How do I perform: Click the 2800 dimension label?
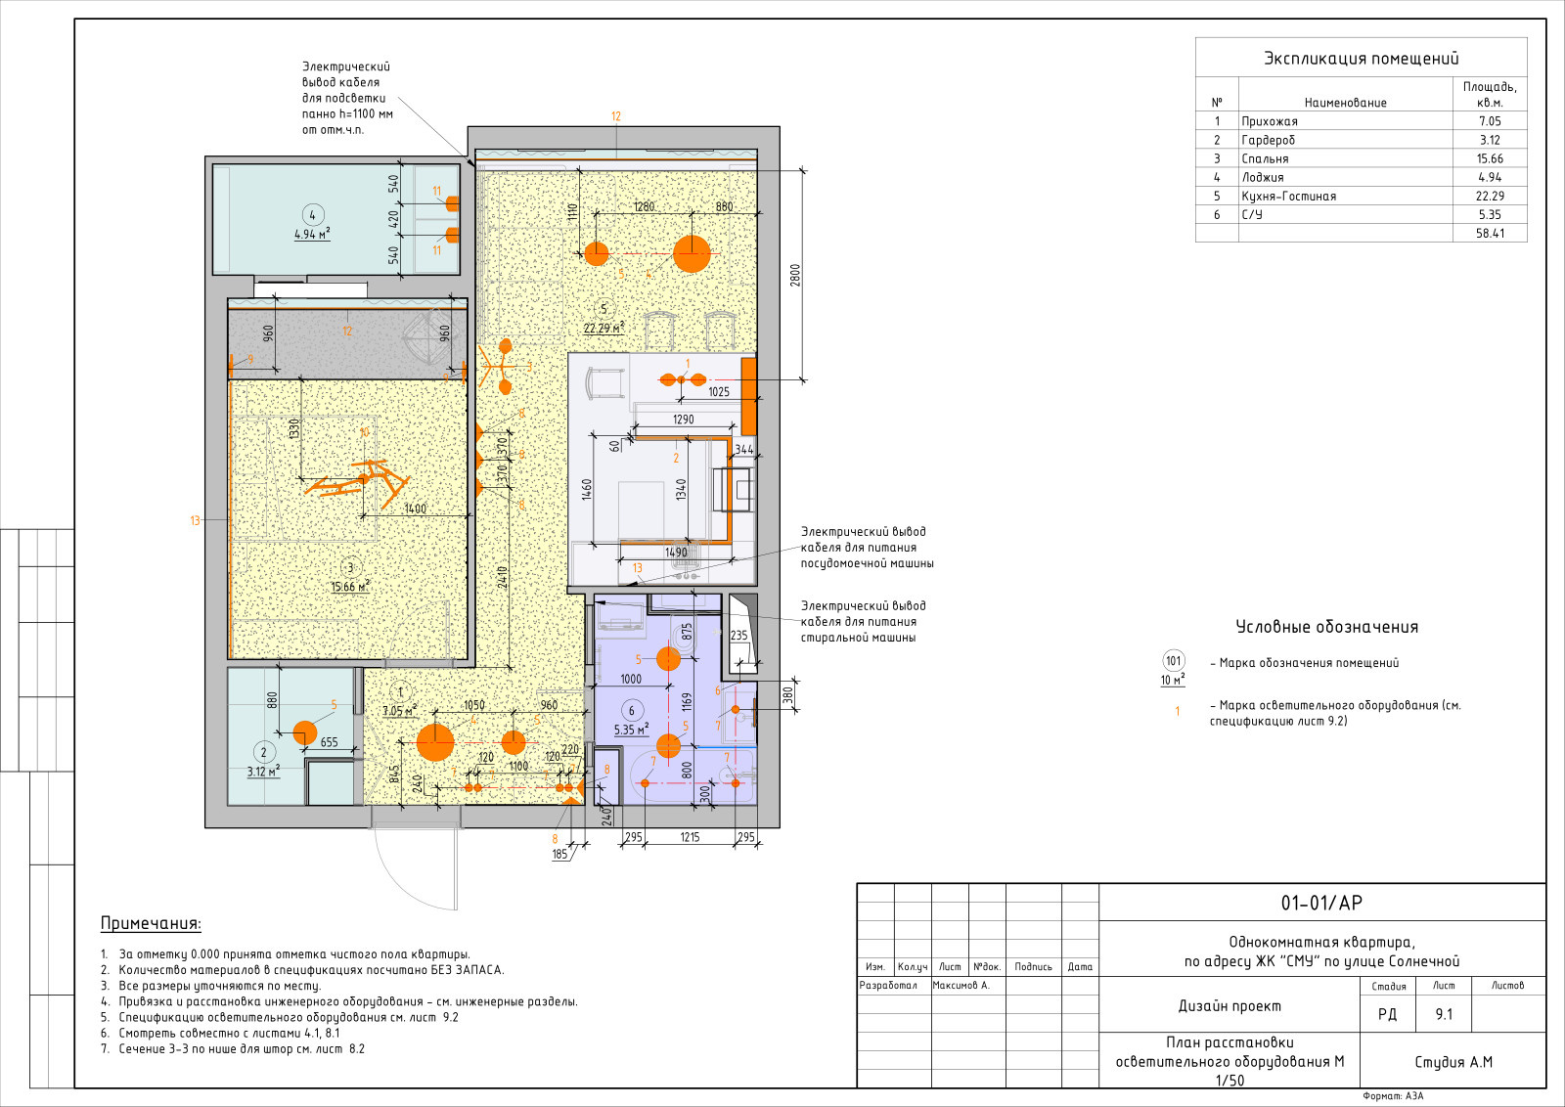pyautogui.click(x=795, y=275)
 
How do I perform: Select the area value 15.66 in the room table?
pyautogui.click(x=1490, y=158)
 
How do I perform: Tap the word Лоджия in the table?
pyautogui.click(x=1263, y=177)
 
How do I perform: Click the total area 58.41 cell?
pyautogui.click(x=1490, y=234)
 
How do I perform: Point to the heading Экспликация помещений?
pyautogui.click(x=1361, y=58)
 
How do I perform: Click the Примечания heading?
pyautogui.click(x=151, y=923)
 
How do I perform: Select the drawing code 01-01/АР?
pyautogui.click(x=1321, y=903)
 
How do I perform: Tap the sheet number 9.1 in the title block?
pyautogui.click(x=1444, y=1014)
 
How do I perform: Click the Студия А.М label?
pyautogui.click(x=1453, y=1062)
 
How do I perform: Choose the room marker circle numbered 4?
pyautogui.click(x=312, y=215)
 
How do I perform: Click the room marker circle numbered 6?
pyautogui.click(x=632, y=711)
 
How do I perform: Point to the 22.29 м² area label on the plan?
pyautogui.click(x=604, y=328)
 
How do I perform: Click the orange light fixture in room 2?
pyautogui.click(x=304, y=733)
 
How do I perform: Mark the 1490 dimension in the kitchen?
pyautogui.click(x=676, y=553)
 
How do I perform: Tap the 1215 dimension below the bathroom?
pyautogui.click(x=690, y=837)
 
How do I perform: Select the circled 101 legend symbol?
pyautogui.click(x=1173, y=661)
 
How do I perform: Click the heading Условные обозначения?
pyautogui.click(x=1326, y=627)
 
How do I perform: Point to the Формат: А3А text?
pyautogui.click(x=1393, y=1096)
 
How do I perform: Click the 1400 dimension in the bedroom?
pyautogui.click(x=415, y=509)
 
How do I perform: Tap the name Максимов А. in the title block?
pyautogui.click(x=961, y=986)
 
